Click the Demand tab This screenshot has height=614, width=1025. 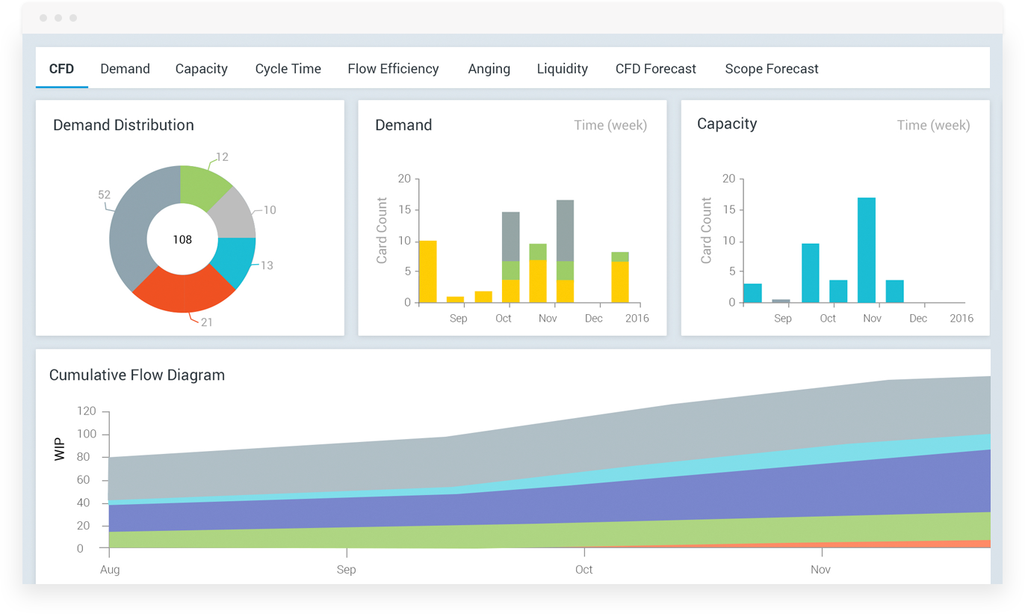(x=125, y=69)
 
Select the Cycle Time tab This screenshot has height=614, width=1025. (x=288, y=69)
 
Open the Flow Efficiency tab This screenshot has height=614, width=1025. (x=393, y=69)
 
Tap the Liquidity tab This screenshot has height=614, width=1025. (x=562, y=69)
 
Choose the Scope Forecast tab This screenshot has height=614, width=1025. (x=771, y=69)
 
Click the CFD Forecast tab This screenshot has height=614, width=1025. (x=655, y=69)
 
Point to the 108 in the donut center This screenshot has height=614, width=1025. (x=182, y=240)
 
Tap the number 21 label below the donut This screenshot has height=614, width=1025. (x=207, y=322)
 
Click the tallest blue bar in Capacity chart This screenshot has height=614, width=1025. (x=867, y=250)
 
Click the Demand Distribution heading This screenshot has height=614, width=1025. (x=123, y=126)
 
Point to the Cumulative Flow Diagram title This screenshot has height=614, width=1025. (x=137, y=375)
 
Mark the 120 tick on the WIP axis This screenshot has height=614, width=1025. (x=86, y=411)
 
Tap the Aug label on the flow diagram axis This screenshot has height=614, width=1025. (x=110, y=570)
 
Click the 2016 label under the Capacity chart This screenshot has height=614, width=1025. (x=961, y=319)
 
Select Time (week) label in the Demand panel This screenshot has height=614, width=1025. (x=610, y=126)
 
